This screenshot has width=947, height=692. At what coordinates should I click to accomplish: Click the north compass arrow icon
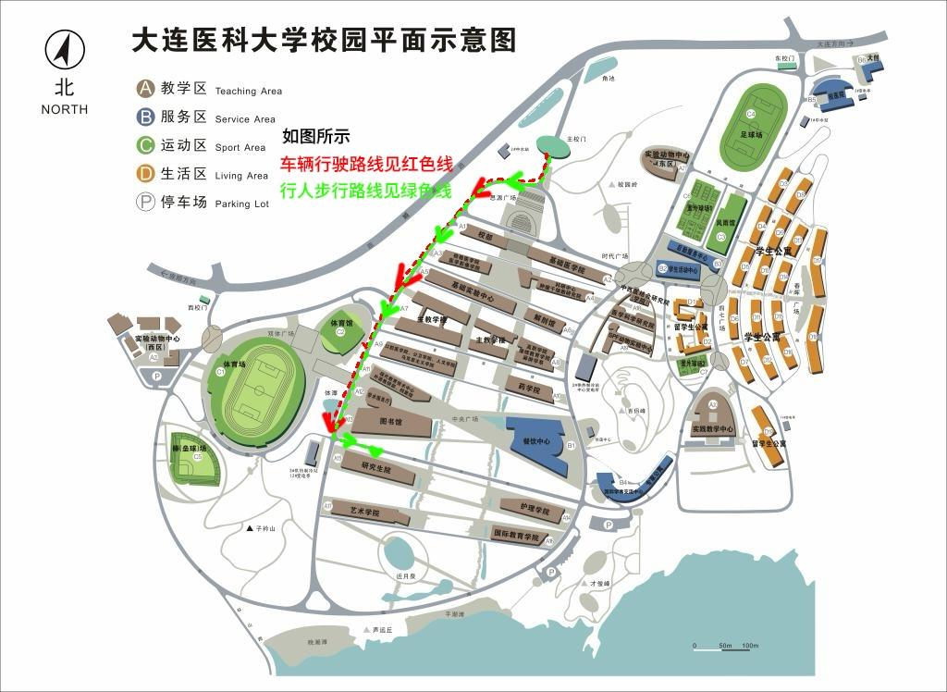pyautogui.click(x=65, y=51)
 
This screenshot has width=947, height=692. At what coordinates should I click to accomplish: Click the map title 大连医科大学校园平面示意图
pyautogui.click(x=323, y=40)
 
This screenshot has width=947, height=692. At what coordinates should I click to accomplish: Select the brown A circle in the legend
pyautogui.click(x=146, y=89)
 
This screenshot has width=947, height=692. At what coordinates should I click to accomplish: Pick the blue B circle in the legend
pyautogui.click(x=146, y=117)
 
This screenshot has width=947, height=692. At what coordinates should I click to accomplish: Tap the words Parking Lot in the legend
pyautogui.click(x=241, y=204)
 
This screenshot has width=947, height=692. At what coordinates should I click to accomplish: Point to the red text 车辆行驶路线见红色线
pyautogui.click(x=366, y=167)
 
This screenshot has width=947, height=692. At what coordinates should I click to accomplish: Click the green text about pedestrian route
pyautogui.click(x=366, y=192)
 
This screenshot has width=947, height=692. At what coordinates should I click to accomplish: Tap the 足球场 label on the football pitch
pyautogui.click(x=752, y=134)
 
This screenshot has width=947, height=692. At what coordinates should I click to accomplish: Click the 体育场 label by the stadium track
pyautogui.click(x=234, y=365)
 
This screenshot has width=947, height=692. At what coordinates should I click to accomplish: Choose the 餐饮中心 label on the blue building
pyautogui.click(x=536, y=441)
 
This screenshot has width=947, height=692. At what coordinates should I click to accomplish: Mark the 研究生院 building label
pyautogui.click(x=375, y=470)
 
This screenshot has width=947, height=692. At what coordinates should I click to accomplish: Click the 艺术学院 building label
pyautogui.click(x=365, y=512)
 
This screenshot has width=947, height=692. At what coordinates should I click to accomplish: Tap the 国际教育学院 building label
pyautogui.click(x=515, y=535)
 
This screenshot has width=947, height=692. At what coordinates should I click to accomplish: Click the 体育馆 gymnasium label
pyautogui.click(x=344, y=324)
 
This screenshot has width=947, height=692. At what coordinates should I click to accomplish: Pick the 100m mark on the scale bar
pyautogui.click(x=750, y=645)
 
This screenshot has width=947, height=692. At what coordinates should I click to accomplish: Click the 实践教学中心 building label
pyautogui.click(x=712, y=429)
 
